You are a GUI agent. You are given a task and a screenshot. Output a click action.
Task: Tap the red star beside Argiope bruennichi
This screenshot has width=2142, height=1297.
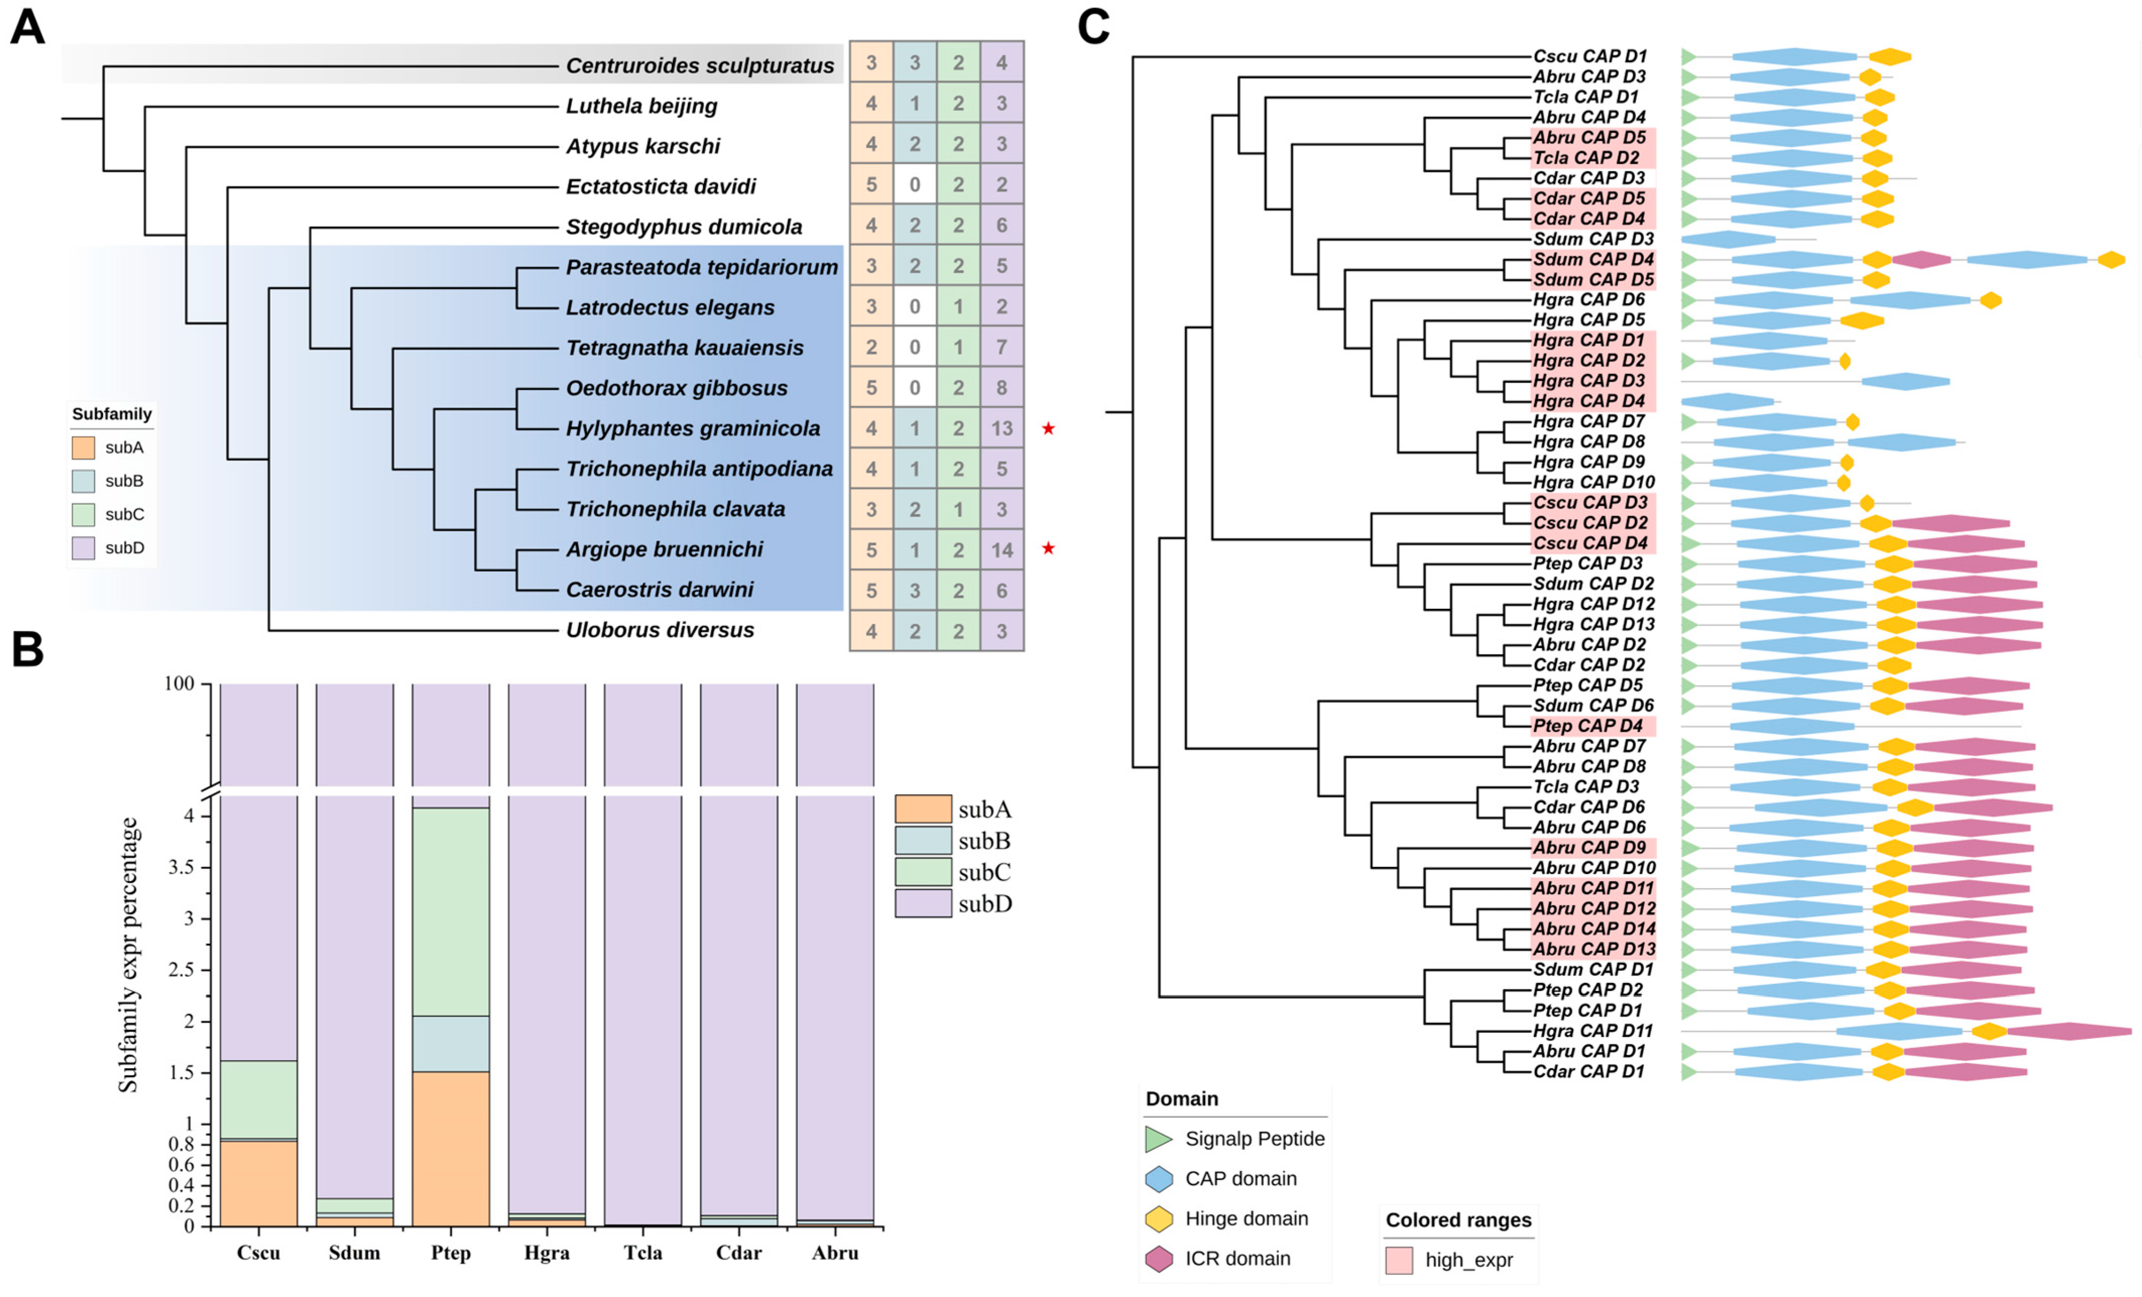[1049, 548]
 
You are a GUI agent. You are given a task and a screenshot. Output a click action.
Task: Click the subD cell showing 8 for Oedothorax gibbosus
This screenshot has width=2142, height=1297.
[1002, 388]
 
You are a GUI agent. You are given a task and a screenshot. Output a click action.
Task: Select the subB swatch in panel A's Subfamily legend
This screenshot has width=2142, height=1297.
[84, 481]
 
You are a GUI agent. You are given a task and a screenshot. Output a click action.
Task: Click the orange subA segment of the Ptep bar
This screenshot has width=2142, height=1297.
[450, 1147]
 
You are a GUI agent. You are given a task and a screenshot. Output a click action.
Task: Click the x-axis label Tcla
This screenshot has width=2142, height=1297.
[642, 1253]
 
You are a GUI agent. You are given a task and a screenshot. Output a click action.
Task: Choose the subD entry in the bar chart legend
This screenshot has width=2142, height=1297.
[923, 903]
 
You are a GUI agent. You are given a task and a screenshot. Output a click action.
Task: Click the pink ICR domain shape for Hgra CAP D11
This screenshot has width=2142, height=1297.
[2069, 1031]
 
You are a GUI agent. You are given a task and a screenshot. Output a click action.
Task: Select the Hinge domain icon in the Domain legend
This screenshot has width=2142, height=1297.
[1159, 1219]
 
